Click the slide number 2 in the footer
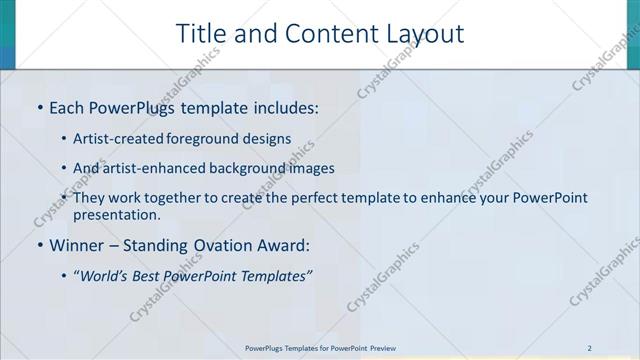click(x=590, y=347)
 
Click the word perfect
click(x=300, y=198)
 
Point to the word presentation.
click(x=116, y=214)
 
